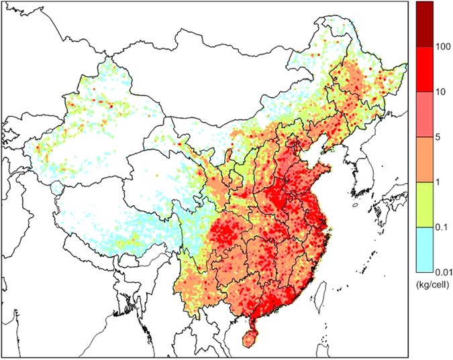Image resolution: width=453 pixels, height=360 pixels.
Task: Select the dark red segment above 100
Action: (423, 24)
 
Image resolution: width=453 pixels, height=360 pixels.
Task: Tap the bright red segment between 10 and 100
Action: (423, 69)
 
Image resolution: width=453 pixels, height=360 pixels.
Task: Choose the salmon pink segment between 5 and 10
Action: (423, 115)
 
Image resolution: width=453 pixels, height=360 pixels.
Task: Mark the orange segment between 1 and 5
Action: (423, 160)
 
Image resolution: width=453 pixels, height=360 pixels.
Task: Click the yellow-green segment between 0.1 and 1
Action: (423, 204)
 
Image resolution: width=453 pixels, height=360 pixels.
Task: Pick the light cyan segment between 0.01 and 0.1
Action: (423, 249)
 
